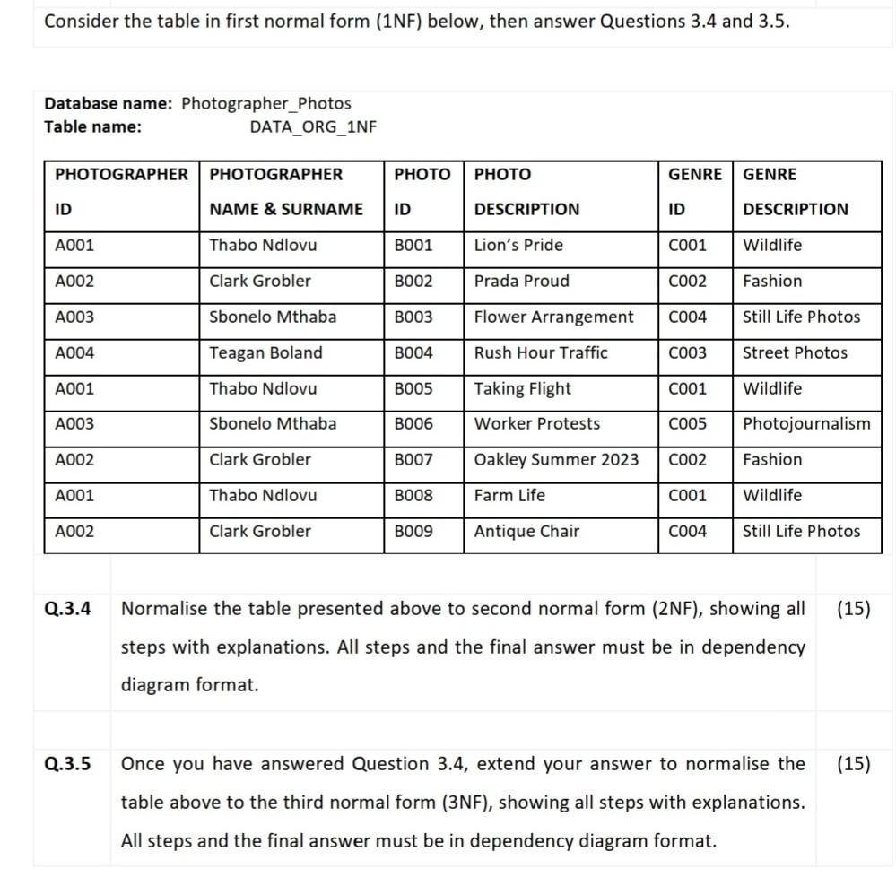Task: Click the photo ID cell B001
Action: click(413, 246)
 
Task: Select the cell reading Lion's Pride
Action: click(518, 246)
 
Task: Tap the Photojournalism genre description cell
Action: click(805, 424)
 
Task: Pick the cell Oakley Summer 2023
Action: click(556, 460)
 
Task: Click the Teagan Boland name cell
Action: click(265, 353)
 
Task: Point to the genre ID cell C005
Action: click(687, 424)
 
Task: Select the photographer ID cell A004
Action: click(74, 353)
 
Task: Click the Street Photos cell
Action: click(794, 353)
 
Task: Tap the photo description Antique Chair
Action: click(526, 532)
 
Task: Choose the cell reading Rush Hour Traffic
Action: click(540, 353)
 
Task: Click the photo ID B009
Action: click(413, 532)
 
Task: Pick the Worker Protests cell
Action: click(536, 424)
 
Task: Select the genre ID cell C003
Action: click(687, 353)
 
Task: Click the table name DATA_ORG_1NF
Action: click(312, 126)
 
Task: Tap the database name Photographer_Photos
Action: click(265, 104)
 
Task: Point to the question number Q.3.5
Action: click(68, 765)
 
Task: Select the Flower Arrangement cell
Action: click(553, 317)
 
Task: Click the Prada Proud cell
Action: click(521, 282)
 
